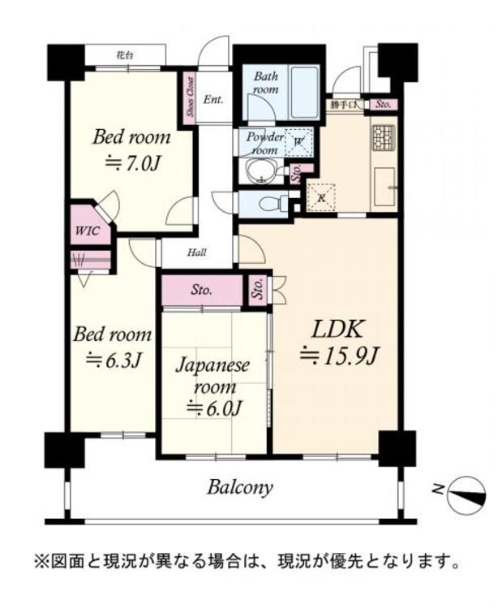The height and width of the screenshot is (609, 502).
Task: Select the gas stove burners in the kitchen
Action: click(x=384, y=137)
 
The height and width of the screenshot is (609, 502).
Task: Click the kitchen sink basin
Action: click(x=384, y=188)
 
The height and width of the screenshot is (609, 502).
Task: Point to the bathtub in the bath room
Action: click(x=305, y=93)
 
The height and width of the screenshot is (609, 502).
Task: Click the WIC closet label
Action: click(x=88, y=231)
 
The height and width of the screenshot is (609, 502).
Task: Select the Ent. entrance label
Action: click(x=213, y=99)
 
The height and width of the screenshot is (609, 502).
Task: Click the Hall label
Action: click(x=197, y=253)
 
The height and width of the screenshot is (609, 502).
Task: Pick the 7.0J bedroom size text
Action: click(x=132, y=164)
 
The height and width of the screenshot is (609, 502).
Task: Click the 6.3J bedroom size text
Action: click(x=113, y=361)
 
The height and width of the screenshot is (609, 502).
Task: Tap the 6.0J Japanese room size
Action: click(x=215, y=408)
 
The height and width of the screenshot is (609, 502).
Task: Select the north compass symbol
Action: click(x=466, y=494)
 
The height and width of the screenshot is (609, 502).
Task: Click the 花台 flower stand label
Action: click(x=125, y=55)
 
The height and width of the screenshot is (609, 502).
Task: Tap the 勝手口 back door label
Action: click(x=343, y=105)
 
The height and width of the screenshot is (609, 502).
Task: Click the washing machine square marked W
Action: click(x=299, y=141)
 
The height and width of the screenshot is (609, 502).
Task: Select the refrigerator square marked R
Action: click(x=321, y=197)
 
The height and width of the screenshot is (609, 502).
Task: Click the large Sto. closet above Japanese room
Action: click(x=202, y=290)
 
